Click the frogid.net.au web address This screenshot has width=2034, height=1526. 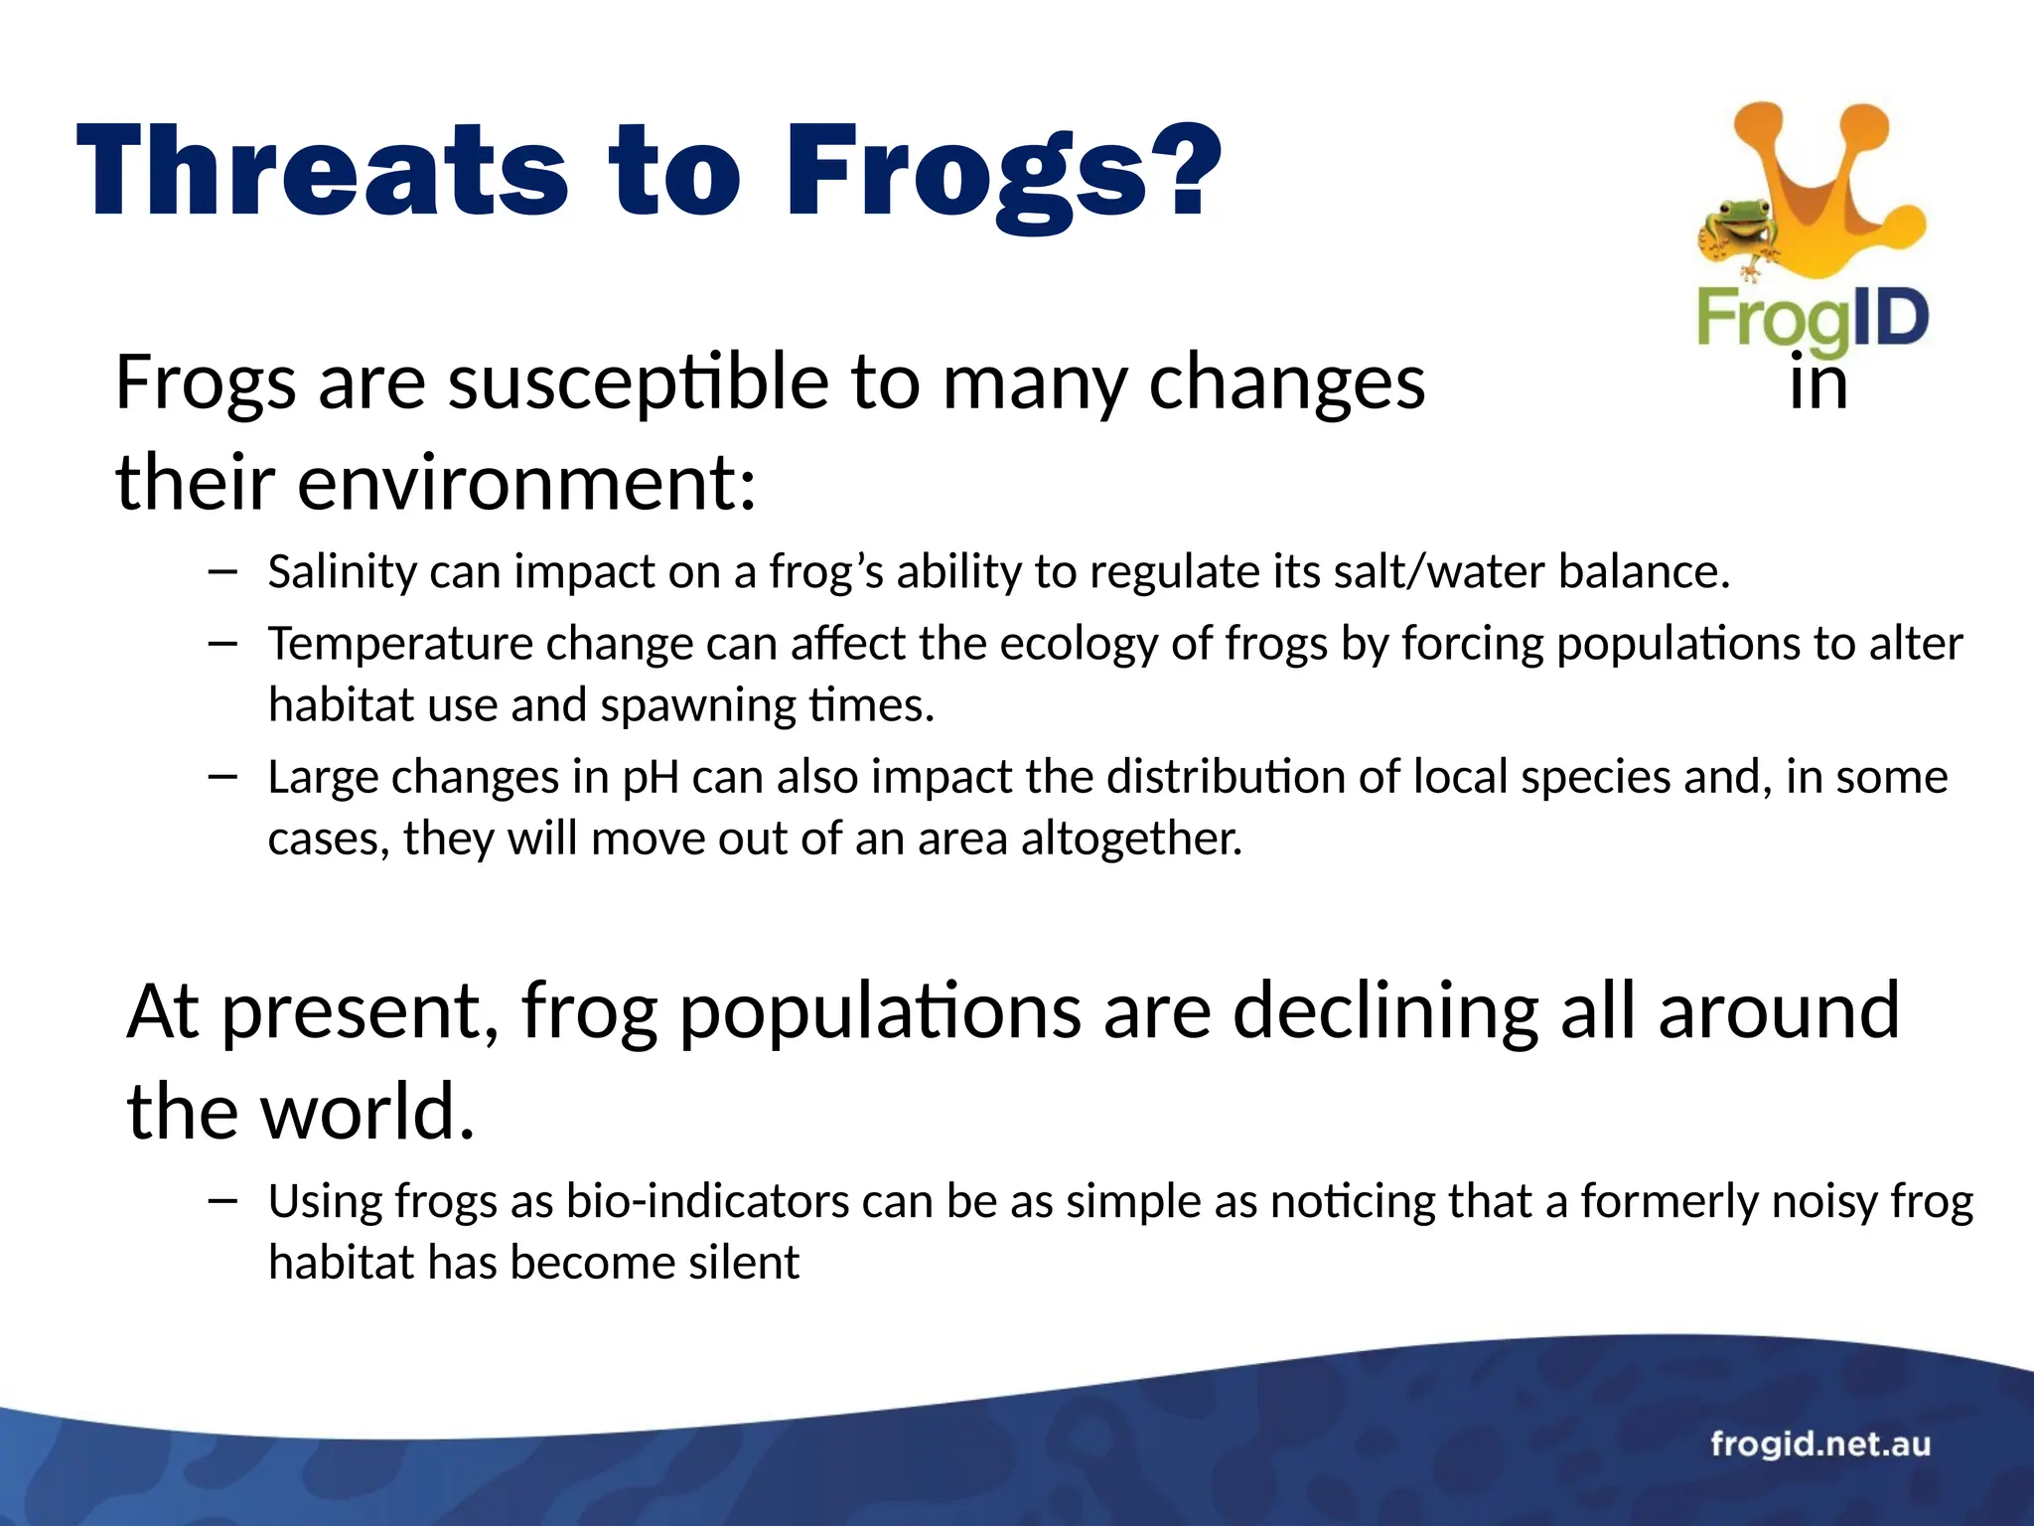pos(1819,1444)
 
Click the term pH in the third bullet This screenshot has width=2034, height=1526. pos(651,777)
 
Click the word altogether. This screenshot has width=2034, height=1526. pos(1131,839)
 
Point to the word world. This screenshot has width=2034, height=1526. pos(367,1112)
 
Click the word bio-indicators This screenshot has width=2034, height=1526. pos(707,1201)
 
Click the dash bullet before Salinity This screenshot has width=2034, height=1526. pos(223,571)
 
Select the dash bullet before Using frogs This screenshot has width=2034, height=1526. pos(223,1201)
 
